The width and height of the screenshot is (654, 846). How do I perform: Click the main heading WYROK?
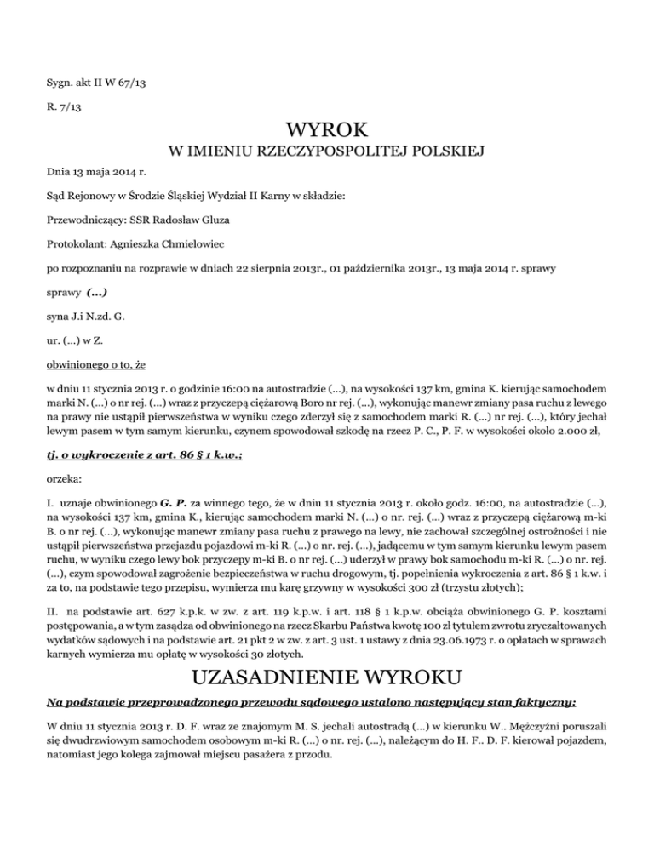[x=327, y=131]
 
